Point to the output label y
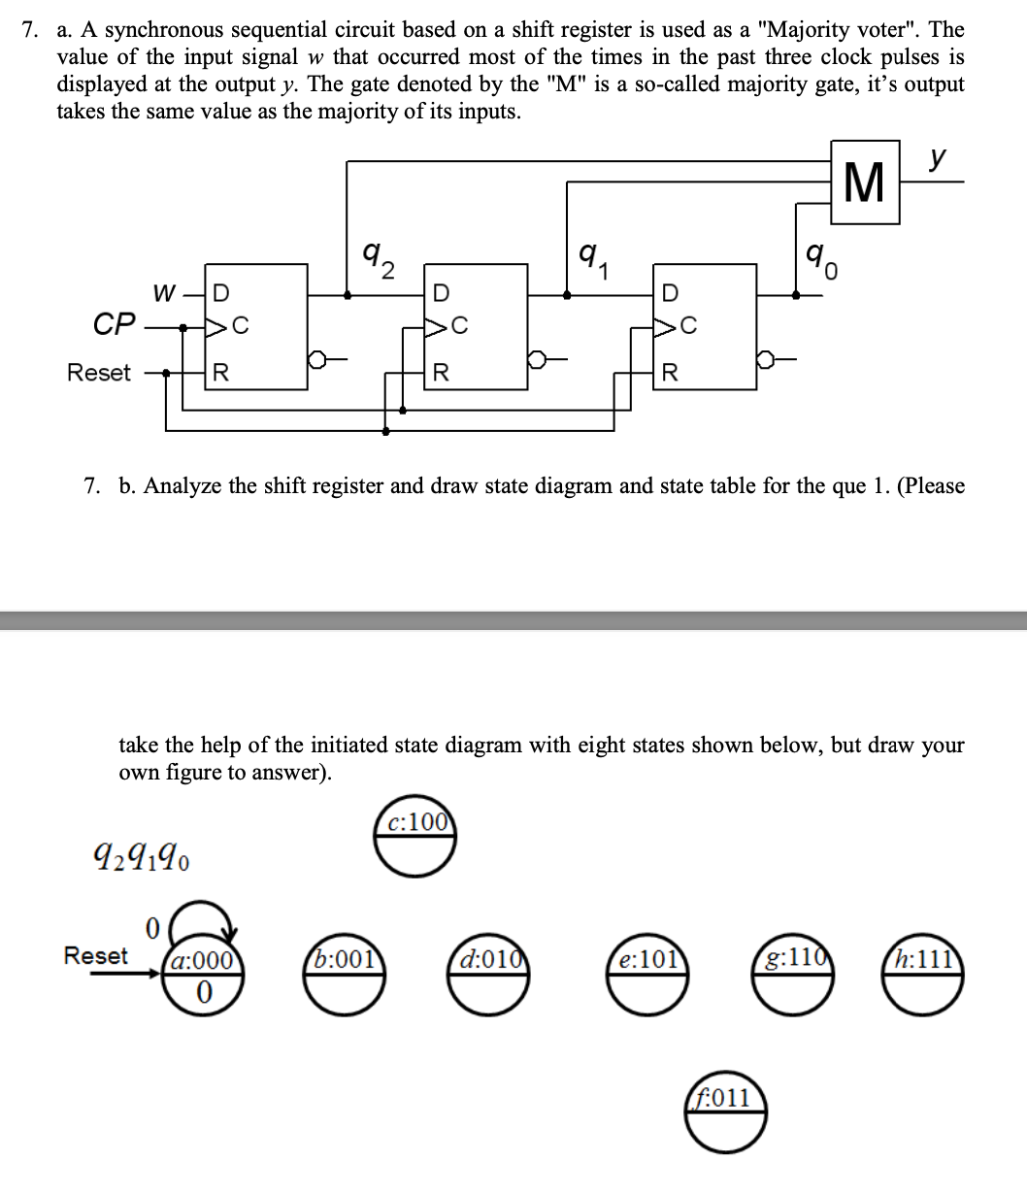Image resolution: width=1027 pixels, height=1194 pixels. point(936,157)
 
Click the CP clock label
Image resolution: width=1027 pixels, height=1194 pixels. point(114,323)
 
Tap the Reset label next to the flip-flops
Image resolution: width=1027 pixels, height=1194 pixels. point(98,373)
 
